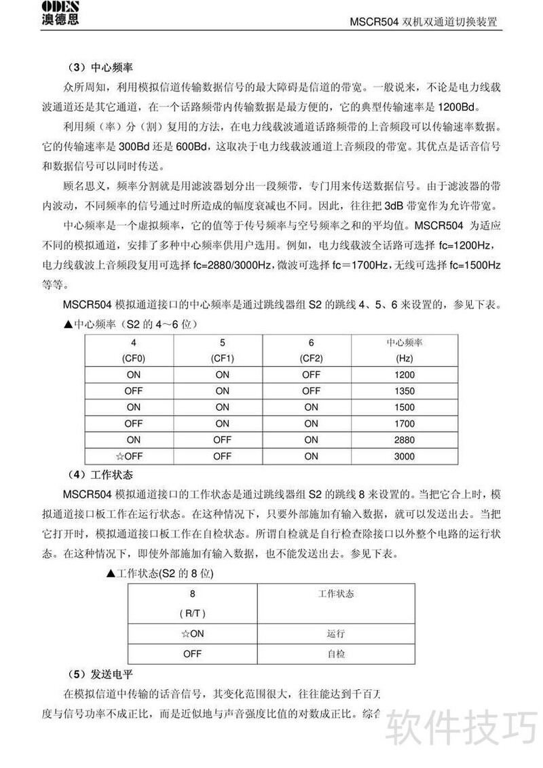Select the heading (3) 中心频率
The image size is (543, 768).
[100, 68]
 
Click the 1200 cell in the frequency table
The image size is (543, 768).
[404, 374]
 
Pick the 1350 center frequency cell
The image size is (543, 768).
[404, 390]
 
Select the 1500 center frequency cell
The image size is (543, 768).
[404, 407]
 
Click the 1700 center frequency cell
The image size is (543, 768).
[404, 424]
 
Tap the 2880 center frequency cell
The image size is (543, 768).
[404, 440]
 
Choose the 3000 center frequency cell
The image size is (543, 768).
[404, 456]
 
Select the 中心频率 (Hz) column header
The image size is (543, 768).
[404, 350]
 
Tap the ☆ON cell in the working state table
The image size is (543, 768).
[192, 634]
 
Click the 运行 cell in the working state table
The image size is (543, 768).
[336, 634]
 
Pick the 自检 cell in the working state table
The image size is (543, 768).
[336, 655]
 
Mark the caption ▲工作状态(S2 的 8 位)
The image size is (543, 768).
[160, 574]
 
